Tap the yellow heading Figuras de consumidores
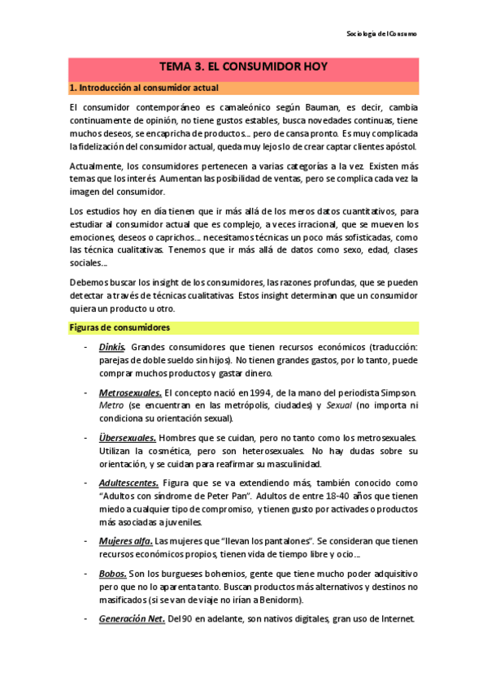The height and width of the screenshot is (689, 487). [119, 327]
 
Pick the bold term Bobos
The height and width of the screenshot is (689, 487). [112, 573]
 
